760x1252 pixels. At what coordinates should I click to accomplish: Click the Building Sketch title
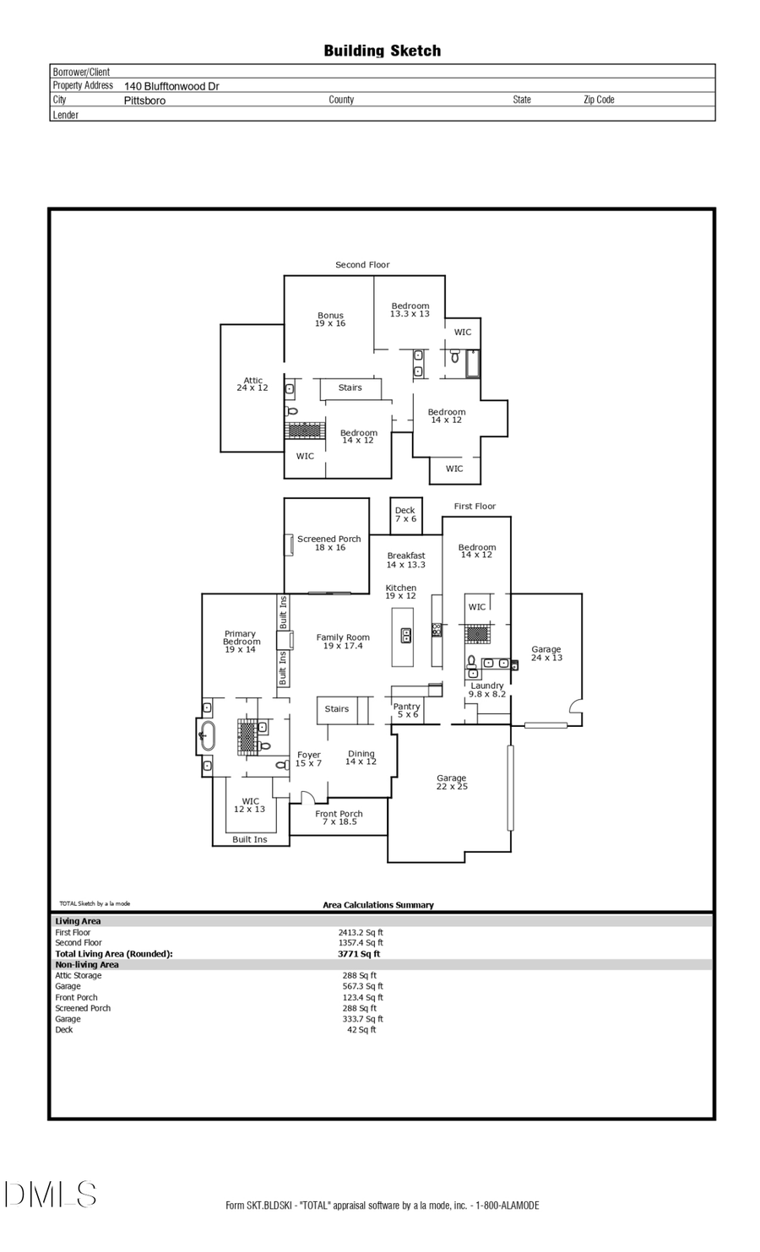click(382, 51)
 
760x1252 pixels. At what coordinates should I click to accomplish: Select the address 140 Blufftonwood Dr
click(171, 86)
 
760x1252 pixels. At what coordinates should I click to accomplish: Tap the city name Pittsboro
click(144, 100)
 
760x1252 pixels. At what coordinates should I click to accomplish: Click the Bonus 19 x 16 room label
click(330, 319)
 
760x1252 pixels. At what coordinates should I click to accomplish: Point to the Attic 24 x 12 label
click(252, 384)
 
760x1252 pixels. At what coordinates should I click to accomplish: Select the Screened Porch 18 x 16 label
click(329, 543)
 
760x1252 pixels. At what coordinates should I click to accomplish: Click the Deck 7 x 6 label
click(405, 514)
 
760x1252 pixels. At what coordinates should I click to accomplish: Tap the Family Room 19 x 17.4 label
click(343, 642)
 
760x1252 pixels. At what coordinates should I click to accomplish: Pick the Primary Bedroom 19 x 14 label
click(241, 642)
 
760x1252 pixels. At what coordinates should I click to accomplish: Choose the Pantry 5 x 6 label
click(407, 710)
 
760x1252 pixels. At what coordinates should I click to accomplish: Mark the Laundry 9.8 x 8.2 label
click(487, 690)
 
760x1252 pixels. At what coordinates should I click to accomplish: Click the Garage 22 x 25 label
click(452, 782)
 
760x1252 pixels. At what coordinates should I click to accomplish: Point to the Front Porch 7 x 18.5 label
click(339, 817)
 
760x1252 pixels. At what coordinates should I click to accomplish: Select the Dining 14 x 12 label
click(361, 757)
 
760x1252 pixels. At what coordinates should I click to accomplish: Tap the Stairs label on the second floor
click(350, 388)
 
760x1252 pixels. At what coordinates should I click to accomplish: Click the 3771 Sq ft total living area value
click(359, 954)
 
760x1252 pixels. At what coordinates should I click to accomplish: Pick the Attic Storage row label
click(79, 975)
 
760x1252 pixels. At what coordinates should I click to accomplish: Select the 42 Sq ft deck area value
click(361, 1029)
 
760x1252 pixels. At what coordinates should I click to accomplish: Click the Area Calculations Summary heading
click(378, 905)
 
